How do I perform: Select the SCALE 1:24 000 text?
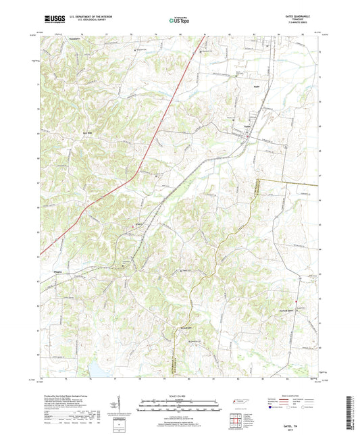[x=180, y=394]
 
